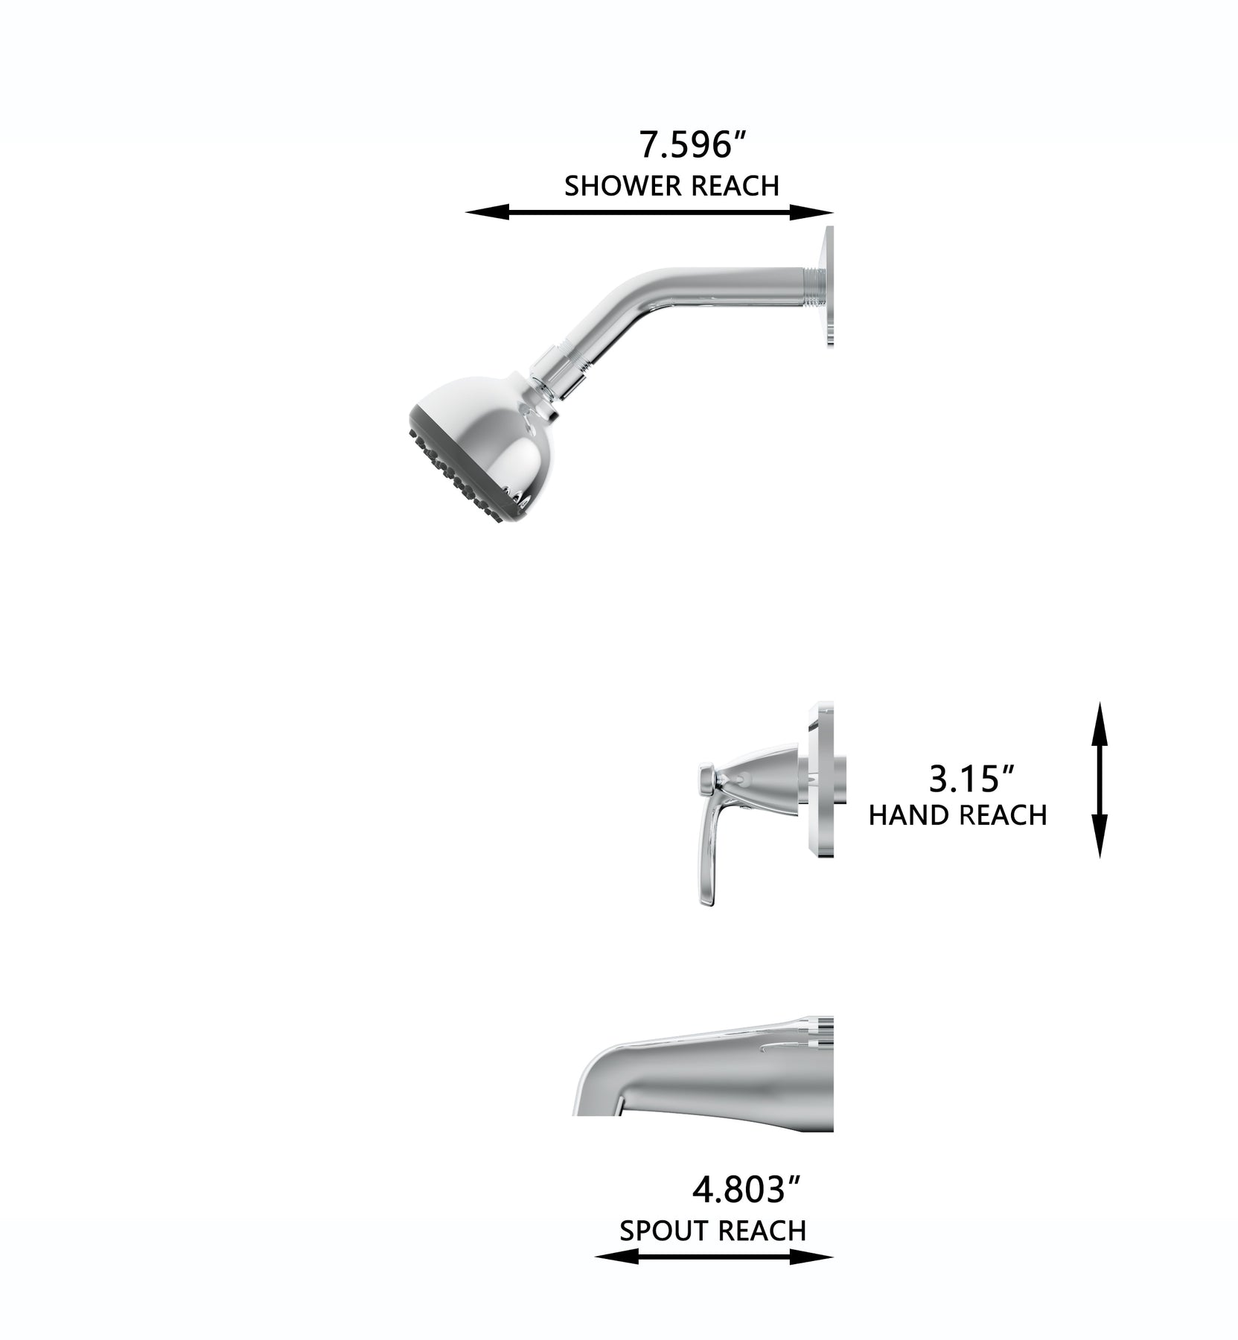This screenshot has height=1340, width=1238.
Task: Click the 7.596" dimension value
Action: [692, 144]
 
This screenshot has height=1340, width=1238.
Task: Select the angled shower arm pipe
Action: [670, 305]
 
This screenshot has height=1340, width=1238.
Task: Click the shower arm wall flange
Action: [826, 286]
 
